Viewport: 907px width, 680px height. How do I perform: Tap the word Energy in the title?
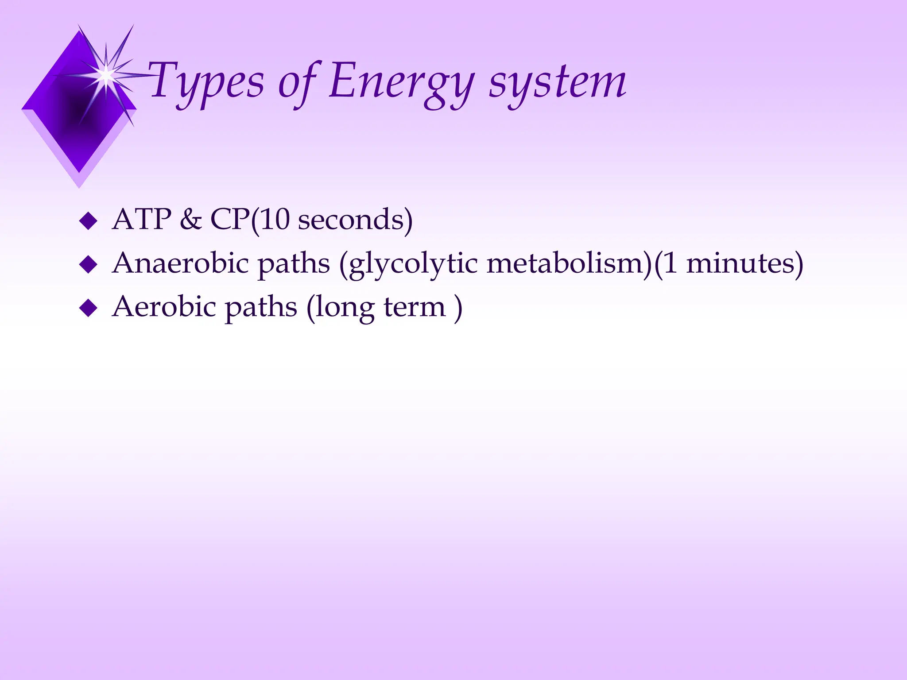tap(401, 82)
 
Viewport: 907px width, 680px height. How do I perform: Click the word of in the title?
tap(298, 82)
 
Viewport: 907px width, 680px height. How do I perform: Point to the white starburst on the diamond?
tap(106, 75)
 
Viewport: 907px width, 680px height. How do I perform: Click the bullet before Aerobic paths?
tap(88, 308)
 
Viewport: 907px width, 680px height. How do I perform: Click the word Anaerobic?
tap(180, 263)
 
